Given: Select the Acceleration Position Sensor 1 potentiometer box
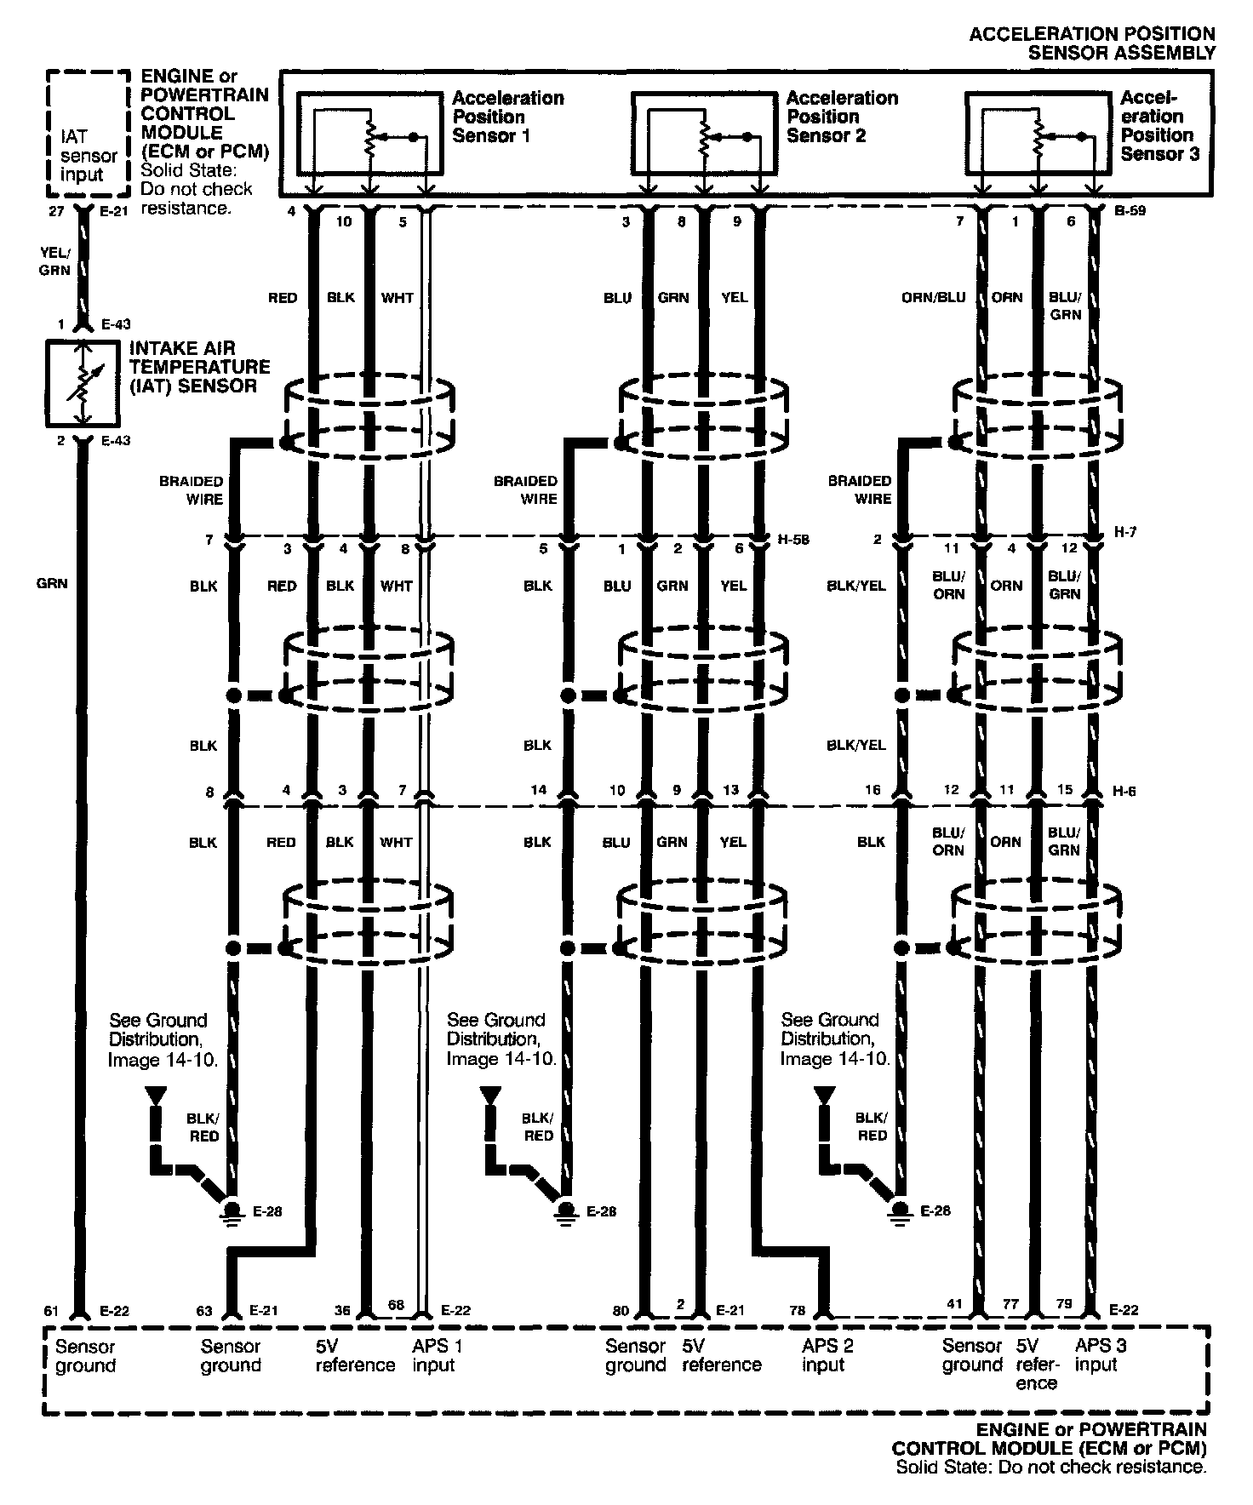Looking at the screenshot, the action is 369,134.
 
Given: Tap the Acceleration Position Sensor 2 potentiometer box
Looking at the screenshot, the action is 703,134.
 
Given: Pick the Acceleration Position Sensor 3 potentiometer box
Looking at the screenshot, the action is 1038,134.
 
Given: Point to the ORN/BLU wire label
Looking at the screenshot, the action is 934,298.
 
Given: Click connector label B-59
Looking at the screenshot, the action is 1130,210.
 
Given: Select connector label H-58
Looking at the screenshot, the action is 792,539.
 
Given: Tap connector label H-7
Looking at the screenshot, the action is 1125,532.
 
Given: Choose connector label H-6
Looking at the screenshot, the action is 1125,792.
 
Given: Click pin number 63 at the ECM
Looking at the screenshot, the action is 204,1311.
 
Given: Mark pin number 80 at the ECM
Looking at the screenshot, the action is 621,1311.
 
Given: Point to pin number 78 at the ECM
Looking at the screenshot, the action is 797,1311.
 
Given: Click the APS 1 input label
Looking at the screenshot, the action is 437,1356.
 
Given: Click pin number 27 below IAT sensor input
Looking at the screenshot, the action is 56,211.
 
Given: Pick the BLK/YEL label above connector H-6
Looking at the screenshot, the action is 856,746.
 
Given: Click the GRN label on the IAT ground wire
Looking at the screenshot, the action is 52,584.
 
